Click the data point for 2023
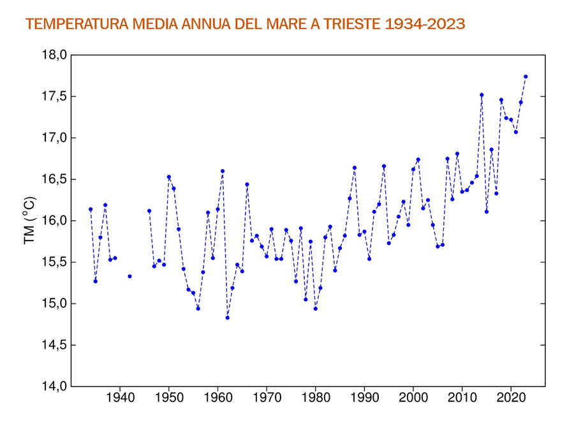[526, 77]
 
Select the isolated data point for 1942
[129, 276]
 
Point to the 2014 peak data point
[482, 95]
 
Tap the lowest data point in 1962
[227, 318]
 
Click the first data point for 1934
[91, 209]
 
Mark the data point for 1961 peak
[223, 171]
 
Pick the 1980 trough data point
[316, 309]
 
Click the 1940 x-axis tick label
[120, 399]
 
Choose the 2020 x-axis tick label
[511, 399]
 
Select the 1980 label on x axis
[316, 399]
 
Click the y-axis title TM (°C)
[29, 221]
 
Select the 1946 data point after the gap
[149, 211]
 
